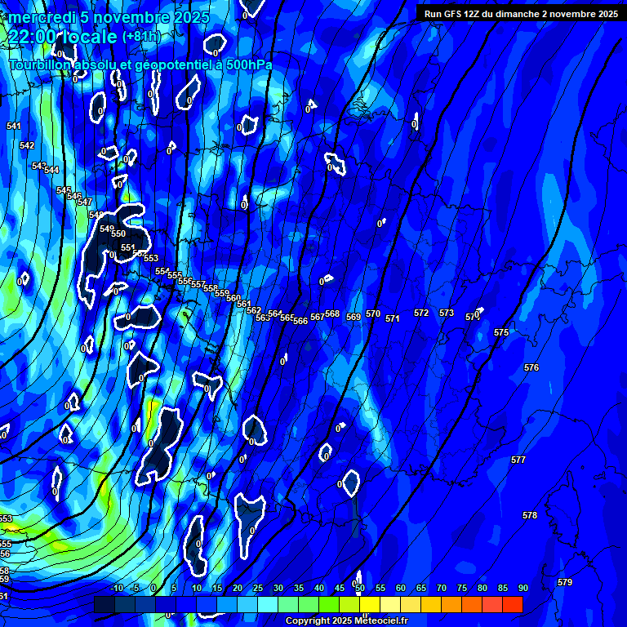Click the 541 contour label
[x=14, y=126]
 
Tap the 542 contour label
[x=27, y=145]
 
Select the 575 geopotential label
[x=501, y=332]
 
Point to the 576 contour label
[x=531, y=368]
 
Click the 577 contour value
[x=518, y=460]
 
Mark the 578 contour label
[x=530, y=515]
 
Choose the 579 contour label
[x=565, y=582]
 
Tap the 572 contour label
[x=421, y=313]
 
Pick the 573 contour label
[x=447, y=313]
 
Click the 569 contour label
[x=354, y=317]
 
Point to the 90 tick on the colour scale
[x=522, y=588]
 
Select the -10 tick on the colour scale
[x=116, y=588]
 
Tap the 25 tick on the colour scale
[x=258, y=588]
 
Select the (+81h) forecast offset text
[x=141, y=37]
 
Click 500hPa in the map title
[x=246, y=64]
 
